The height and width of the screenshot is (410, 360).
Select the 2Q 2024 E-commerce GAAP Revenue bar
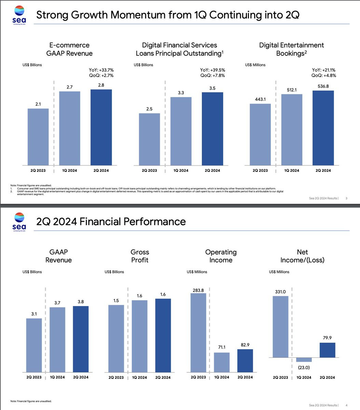(101, 127)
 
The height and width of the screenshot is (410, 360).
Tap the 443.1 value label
(260, 99)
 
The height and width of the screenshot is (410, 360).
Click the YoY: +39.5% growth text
(212, 70)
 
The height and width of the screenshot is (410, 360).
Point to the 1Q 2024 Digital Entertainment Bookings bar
(292, 130)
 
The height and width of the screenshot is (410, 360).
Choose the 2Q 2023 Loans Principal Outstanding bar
(149, 139)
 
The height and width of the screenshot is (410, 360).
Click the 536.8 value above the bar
(323, 86)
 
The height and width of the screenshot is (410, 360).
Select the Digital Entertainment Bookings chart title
(291, 49)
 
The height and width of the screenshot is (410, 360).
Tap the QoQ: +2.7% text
(101, 76)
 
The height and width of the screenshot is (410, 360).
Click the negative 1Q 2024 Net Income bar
(304, 359)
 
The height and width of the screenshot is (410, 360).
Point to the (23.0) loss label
(304, 368)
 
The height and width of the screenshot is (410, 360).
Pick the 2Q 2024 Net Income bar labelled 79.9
(327, 350)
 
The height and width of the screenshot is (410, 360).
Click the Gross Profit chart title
(140, 256)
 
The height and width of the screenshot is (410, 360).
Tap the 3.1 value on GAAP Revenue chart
(34, 314)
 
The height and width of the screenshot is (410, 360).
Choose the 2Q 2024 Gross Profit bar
(163, 336)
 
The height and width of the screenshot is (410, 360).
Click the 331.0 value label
(280, 292)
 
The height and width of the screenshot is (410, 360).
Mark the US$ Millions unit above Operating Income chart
(197, 272)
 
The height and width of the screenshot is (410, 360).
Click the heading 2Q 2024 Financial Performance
(111, 221)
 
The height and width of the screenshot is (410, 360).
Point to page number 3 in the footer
(346, 198)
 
